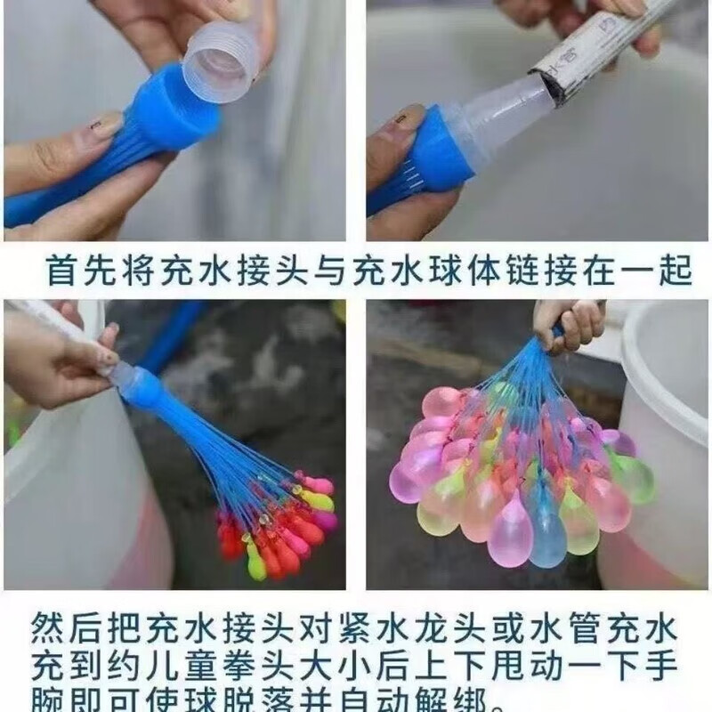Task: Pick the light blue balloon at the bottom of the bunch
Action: [x=546, y=534]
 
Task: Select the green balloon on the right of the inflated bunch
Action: [x=634, y=476]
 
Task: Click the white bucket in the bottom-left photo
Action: [x=53, y=498]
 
